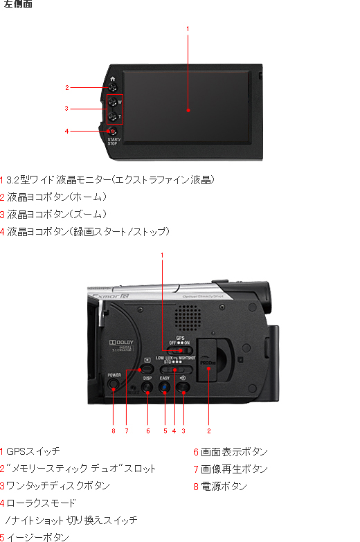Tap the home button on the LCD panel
click(x=112, y=87)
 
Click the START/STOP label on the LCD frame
click(x=113, y=141)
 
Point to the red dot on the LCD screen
click(x=188, y=109)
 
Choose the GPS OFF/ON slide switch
click(x=179, y=350)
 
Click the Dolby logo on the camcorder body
click(x=120, y=344)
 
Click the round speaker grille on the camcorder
click(x=187, y=318)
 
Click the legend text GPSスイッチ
click(x=33, y=451)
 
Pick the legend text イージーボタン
click(x=37, y=536)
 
